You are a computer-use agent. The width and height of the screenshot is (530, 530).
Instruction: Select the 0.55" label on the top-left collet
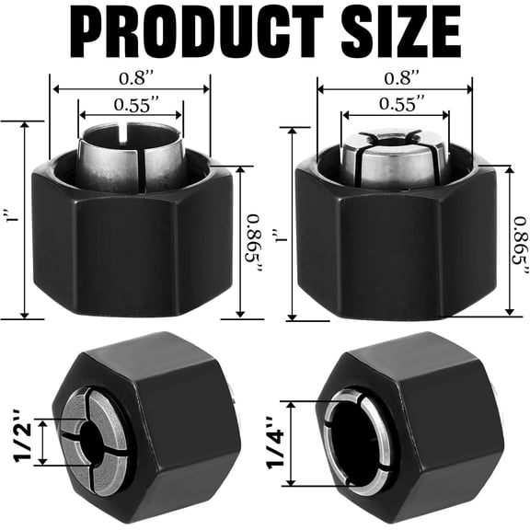(x=132, y=104)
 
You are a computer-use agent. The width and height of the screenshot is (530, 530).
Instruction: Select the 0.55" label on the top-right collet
(x=396, y=101)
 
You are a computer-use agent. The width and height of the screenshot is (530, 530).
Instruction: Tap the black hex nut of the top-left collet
(x=129, y=248)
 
